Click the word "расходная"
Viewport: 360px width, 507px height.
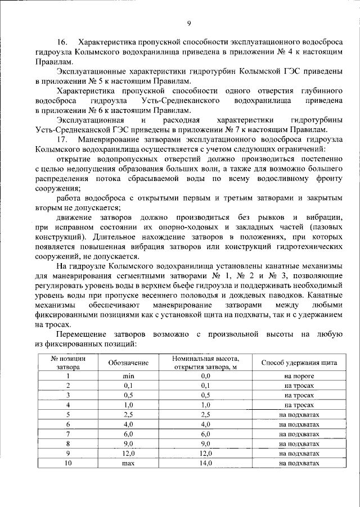click(176, 120)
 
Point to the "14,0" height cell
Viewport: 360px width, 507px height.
click(205, 463)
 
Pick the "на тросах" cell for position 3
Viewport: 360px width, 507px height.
click(299, 395)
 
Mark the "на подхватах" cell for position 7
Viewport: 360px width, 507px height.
click(299, 434)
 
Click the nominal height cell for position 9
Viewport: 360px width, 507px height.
click(205, 453)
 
